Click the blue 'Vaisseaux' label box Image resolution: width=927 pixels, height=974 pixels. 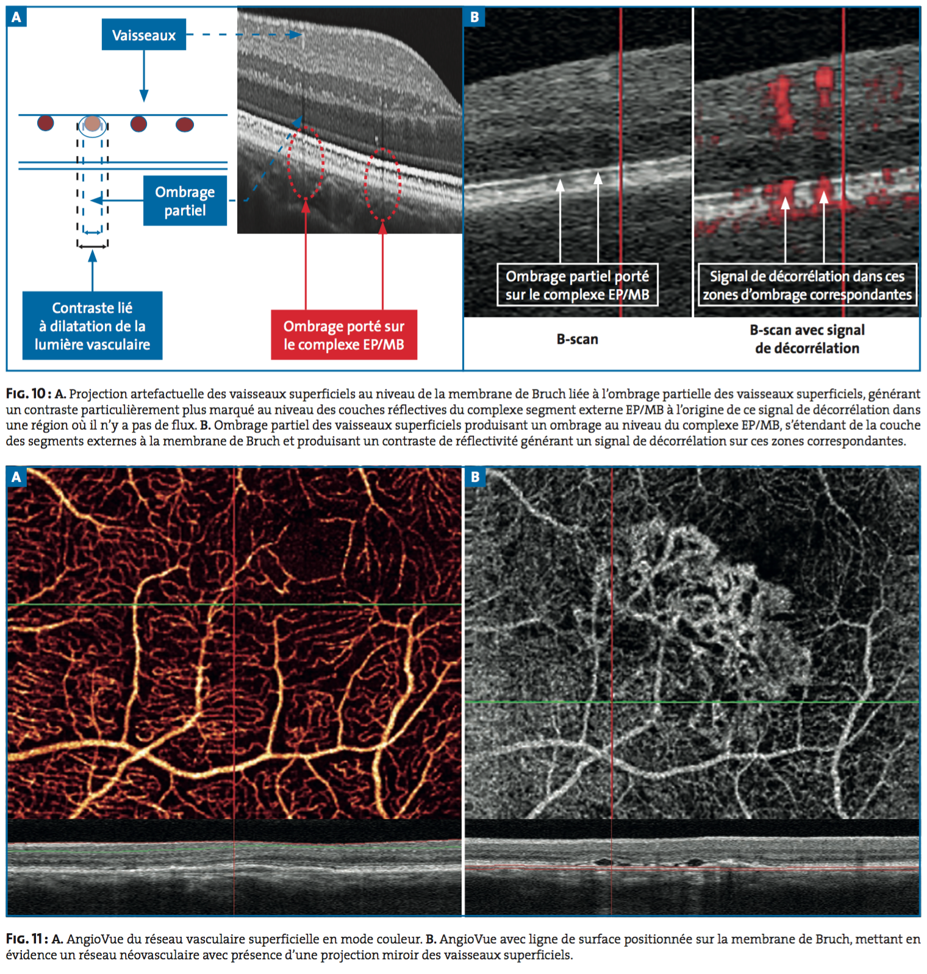pos(143,35)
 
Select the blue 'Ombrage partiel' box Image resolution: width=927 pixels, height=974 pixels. pos(185,201)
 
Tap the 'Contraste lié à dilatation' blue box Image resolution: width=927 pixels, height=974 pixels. pos(92,325)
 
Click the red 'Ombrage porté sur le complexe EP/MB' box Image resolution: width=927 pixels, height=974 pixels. pos(344,335)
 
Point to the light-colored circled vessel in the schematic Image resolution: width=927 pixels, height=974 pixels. pos(92,124)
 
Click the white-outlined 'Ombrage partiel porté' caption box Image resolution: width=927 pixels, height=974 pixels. pos(577,285)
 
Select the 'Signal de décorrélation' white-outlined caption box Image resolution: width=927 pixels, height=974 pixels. pos(807,285)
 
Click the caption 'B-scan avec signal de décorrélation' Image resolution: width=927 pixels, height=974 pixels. pos(807,339)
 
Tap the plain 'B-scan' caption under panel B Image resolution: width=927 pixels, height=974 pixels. pos(577,339)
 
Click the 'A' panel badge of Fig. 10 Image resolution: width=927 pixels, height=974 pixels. pos(16,17)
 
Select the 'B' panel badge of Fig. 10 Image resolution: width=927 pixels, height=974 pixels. pos(474,17)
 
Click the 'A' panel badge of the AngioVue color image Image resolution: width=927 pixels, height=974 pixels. pos(16,477)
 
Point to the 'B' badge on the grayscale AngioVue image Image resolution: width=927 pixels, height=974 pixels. pos(474,477)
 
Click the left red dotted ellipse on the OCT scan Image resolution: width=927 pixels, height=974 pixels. pos(306,162)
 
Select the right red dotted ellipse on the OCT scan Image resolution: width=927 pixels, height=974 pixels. pos(382,185)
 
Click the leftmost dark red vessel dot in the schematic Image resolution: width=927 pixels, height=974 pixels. pos(46,123)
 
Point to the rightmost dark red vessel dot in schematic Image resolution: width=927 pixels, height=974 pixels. pos(185,124)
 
